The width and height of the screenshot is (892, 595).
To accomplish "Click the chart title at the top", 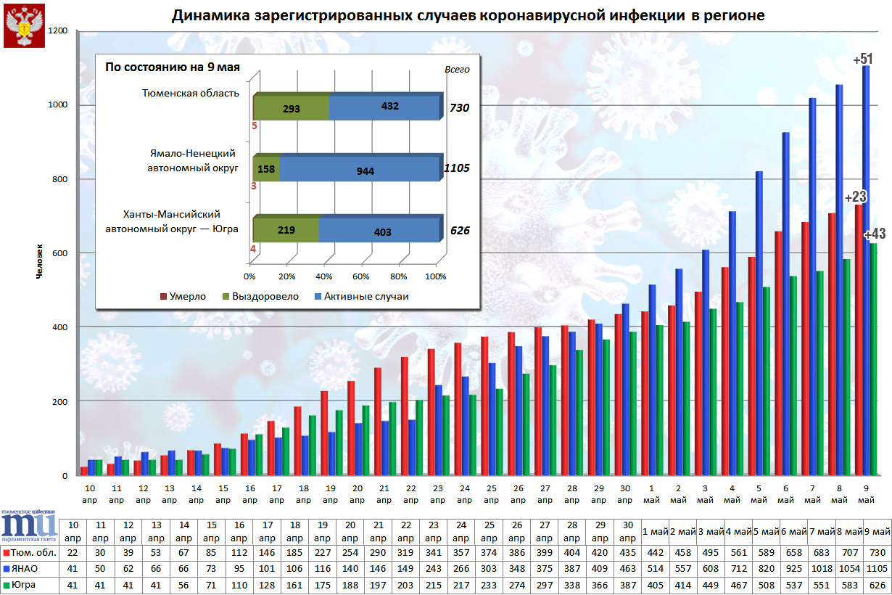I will [468, 16].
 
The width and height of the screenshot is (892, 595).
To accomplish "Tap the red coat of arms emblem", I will [24, 25].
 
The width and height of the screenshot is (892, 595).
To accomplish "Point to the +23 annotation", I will [855, 197].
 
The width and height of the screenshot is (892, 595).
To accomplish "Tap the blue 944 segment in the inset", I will [360, 171].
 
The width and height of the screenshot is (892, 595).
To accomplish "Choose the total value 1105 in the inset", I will [457, 168].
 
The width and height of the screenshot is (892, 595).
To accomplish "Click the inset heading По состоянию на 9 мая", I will [173, 67].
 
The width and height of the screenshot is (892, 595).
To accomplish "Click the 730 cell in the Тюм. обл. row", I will [877, 552].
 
